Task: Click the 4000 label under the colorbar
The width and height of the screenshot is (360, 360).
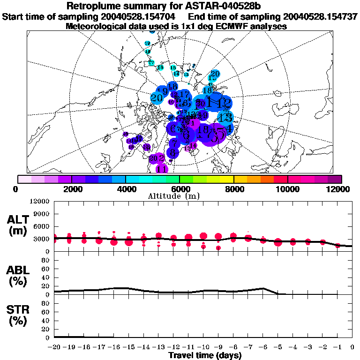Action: click(x=126, y=189)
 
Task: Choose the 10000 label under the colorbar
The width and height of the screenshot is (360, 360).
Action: click(x=287, y=189)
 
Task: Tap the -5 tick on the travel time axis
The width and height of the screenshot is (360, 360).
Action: click(x=278, y=347)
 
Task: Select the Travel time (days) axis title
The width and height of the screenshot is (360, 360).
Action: click(x=205, y=355)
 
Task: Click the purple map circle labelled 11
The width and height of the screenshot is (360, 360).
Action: click(x=162, y=169)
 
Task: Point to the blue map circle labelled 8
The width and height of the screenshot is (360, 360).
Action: click(x=173, y=153)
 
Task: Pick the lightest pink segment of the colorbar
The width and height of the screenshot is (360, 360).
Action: click(x=24, y=179)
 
